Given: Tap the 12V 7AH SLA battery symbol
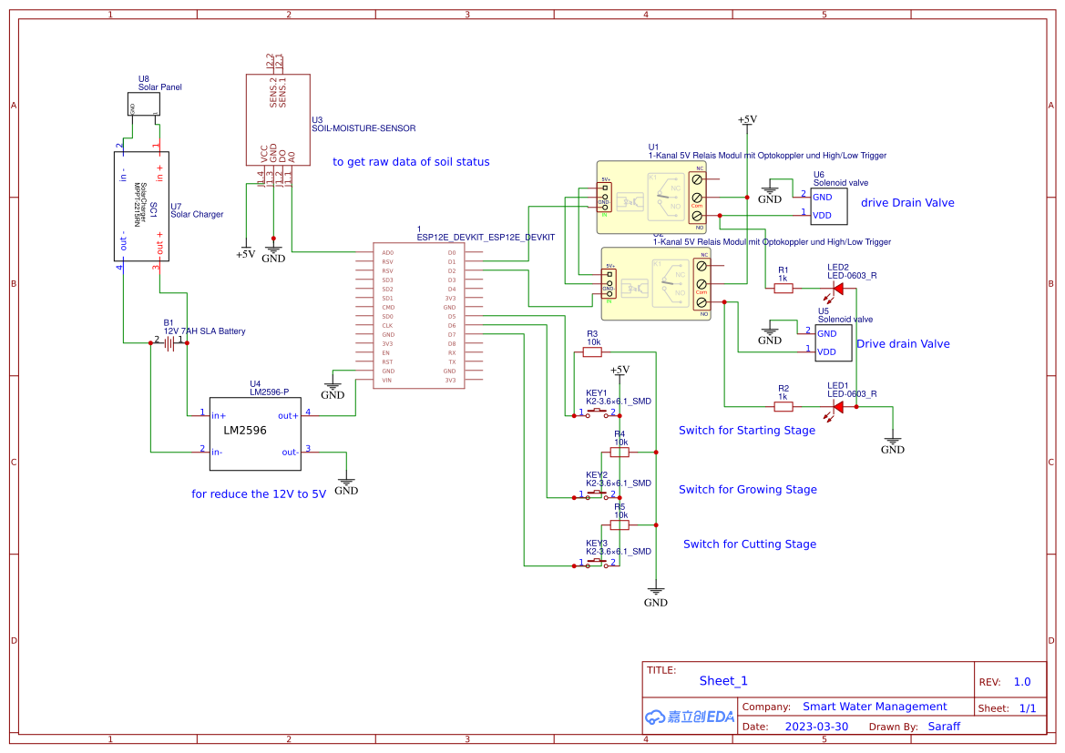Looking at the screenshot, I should click(x=169, y=342).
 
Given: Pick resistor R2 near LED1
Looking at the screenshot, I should click(x=783, y=406).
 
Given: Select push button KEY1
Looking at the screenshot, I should click(x=597, y=413).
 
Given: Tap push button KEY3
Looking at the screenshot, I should click(x=597, y=564).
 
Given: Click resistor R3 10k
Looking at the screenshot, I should click(x=592, y=352).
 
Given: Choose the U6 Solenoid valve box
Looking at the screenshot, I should click(x=828, y=206).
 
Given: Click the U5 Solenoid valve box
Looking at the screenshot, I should click(x=833, y=342).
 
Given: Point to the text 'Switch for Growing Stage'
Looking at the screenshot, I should click(x=747, y=490).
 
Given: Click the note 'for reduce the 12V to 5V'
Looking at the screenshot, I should click(x=258, y=494).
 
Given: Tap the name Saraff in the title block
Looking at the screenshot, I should click(x=943, y=727).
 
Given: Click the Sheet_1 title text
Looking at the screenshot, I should click(x=723, y=681).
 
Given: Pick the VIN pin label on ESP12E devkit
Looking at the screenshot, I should click(x=387, y=380).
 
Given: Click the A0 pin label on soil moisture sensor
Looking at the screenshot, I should click(x=292, y=156).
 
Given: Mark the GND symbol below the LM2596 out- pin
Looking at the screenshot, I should click(x=346, y=485).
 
